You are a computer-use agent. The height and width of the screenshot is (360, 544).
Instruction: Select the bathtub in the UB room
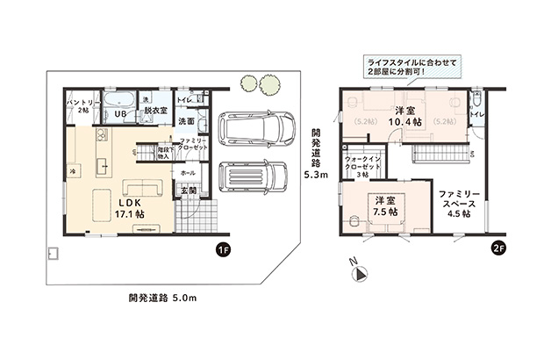point(120,99)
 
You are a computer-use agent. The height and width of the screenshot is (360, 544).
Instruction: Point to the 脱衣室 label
point(156,112)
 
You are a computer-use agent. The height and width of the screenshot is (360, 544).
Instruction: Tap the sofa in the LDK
point(141,188)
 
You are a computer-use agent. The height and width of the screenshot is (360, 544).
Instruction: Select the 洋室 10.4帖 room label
point(404,117)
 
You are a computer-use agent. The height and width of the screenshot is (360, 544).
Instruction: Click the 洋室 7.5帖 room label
point(383,205)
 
